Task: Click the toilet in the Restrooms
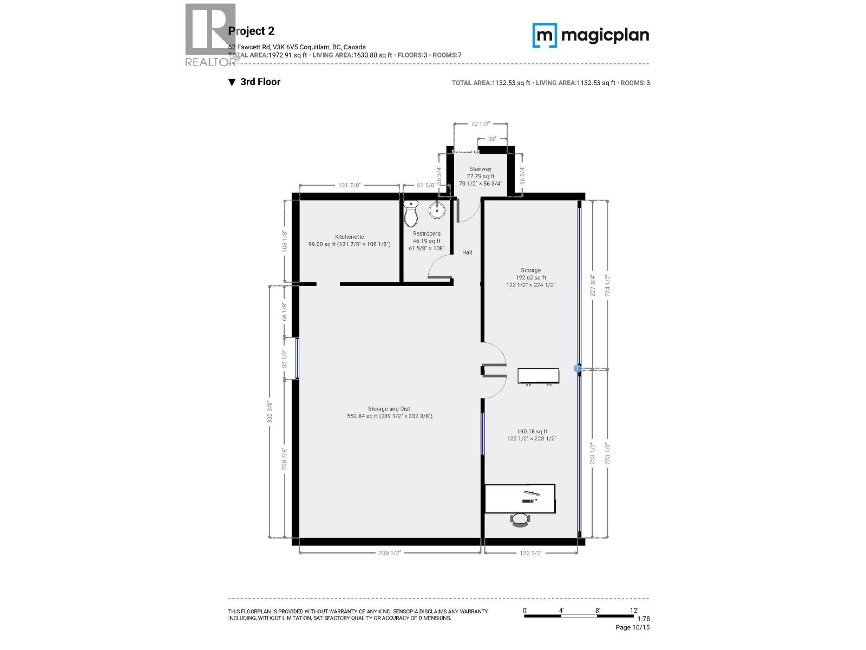pyautogui.click(x=411, y=214)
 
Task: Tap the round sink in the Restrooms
pyautogui.click(x=437, y=211)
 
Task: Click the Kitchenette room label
pyautogui.click(x=349, y=237)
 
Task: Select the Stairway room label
pyautogui.click(x=480, y=169)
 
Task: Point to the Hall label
pyautogui.click(x=467, y=252)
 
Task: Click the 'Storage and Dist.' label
pyautogui.click(x=390, y=409)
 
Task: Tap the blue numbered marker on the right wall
pyautogui.click(x=577, y=368)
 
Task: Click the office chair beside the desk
pyautogui.click(x=520, y=519)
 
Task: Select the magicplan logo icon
pyautogui.click(x=544, y=36)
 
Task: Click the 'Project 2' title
pyautogui.click(x=251, y=31)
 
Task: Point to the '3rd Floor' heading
pyautogui.click(x=260, y=82)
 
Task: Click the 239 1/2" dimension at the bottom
pyautogui.click(x=390, y=553)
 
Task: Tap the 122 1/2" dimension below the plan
pyautogui.click(x=530, y=553)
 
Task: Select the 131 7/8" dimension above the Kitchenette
pyautogui.click(x=349, y=186)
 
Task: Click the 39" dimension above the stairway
pyautogui.click(x=492, y=139)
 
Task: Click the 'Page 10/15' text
pyautogui.click(x=632, y=627)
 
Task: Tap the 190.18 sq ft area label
pyautogui.click(x=532, y=432)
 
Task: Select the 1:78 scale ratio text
pyautogui.click(x=643, y=619)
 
